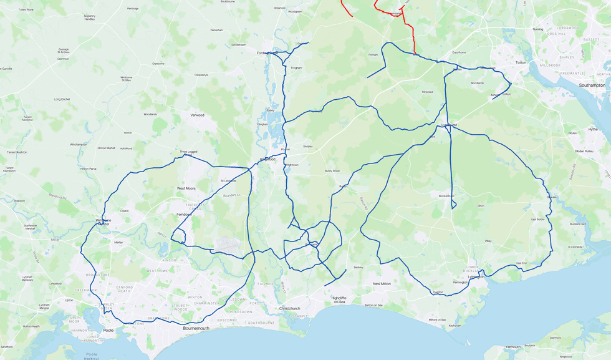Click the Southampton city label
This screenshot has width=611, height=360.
pos(592,85)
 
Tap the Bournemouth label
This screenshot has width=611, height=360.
pos(196,328)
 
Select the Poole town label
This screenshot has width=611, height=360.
pos(108,330)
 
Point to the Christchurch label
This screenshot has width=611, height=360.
pos(290,308)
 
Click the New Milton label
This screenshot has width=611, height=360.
pos(382,283)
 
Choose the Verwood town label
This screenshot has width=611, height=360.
pos(197,115)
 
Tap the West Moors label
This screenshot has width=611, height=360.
pos(186,188)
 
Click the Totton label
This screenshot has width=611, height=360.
pos(521,63)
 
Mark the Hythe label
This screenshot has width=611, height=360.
pos(592,129)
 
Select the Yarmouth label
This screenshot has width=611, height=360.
pos(512,346)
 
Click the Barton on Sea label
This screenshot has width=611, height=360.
pos(374,305)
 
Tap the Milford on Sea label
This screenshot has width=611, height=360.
pos(437,319)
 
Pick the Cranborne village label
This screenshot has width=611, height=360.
pos(158,64)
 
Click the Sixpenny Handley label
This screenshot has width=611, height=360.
pos(90,17)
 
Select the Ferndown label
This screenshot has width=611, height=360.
pos(184,214)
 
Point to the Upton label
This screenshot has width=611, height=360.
pos(69,300)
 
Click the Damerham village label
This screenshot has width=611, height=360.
pos(216,30)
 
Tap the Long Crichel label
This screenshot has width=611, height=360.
pos(62,99)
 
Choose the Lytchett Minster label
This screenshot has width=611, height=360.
pos(44,306)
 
